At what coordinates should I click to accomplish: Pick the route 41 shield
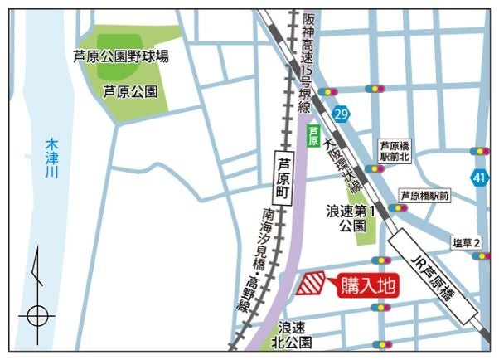[x=479, y=178]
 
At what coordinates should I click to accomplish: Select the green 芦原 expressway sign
[x=313, y=135]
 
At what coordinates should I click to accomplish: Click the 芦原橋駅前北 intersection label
[x=395, y=150]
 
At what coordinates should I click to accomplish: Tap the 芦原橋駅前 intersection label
[x=424, y=196]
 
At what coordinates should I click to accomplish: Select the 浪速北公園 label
[x=294, y=333]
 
